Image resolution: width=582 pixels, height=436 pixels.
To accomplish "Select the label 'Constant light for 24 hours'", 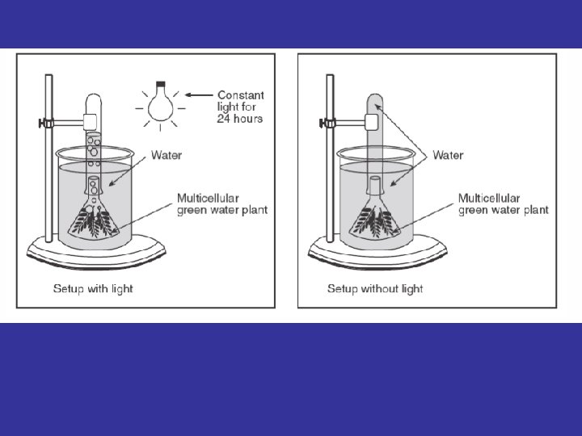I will coord(240,107).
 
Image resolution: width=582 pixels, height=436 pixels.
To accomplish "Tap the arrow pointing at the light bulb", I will coord(197,94).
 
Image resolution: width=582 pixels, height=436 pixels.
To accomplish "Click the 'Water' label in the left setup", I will coord(166,155).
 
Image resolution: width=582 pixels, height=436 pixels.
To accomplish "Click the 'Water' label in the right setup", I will coord(448,155).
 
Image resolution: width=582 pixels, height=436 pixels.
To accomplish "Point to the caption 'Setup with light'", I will coord(93,288).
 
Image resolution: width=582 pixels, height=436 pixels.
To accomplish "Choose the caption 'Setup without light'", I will coord(375,288).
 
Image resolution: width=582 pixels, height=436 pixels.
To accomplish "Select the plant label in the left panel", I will coord(222,203).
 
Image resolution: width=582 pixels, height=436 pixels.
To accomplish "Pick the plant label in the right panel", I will coord(503,203).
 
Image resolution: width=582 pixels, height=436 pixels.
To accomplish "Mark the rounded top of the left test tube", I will coord(93,99).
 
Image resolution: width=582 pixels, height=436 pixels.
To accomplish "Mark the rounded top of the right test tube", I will coord(374,99).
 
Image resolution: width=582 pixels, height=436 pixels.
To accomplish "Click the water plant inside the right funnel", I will coord(375,220).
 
